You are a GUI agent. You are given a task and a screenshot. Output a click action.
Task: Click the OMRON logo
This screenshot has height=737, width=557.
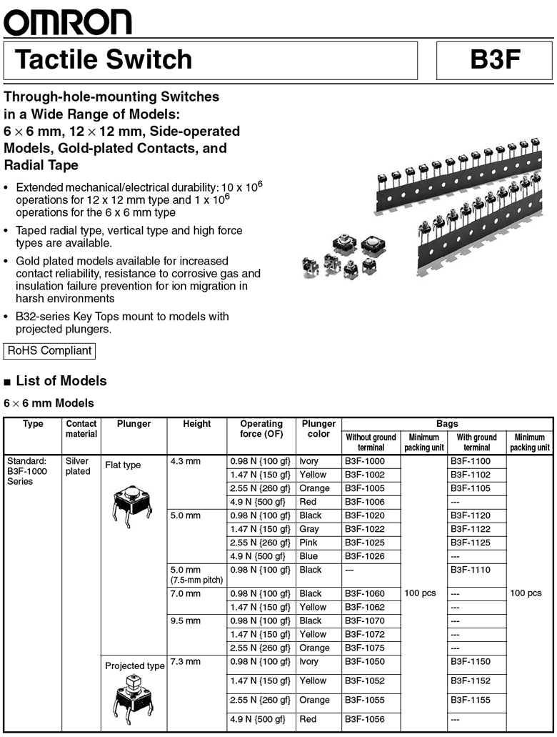pyautogui.click(x=68, y=22)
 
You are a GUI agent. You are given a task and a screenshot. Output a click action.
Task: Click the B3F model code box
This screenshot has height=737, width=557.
pyautogui.click(x=494, y=60)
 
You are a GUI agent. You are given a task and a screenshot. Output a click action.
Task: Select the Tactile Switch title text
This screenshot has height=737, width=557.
pyautogui.click(x=104, y=60)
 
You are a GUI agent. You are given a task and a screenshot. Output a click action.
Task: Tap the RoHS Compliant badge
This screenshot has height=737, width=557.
pyautogui.click(x=49, y=351)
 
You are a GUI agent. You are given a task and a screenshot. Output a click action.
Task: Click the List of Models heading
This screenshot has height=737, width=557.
pyautogui.click(x=61, y=381)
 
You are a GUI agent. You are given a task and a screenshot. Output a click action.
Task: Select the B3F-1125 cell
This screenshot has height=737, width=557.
pyautogui.click(x=471, y=543)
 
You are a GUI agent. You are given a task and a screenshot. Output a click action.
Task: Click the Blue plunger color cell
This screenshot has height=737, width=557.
pyautogui.click(x=308, y=556)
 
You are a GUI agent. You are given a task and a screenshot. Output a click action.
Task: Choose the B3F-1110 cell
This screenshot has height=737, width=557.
pyautogui.click(x=471, y=570)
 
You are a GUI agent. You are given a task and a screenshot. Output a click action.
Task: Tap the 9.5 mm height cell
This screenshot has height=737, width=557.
pyautogui.click(x=186, y=620)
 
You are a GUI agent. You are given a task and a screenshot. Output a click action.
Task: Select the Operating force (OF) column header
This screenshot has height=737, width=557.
pyautogui.click(x=261, y=429)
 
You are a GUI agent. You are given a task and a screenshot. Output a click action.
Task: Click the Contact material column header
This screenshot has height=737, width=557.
pyautogui.click(x=81, y=429)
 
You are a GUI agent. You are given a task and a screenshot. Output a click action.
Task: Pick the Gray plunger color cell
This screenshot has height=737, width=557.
pyautogui.click(x=309, y=529)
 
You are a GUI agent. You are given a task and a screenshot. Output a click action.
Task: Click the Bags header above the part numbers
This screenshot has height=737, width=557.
pyautogui.click(x=447, y=424)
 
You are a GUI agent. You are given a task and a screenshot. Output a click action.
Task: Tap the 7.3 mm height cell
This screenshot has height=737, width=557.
pyautogui.click(x=186, y=662)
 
